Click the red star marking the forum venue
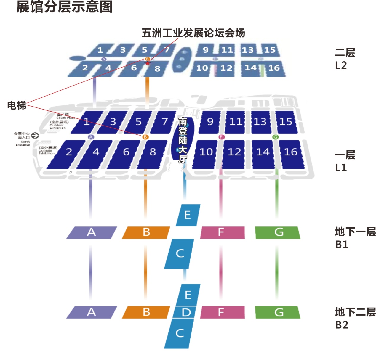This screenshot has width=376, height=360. [148, 63]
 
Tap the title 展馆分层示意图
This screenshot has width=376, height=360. [65, 7]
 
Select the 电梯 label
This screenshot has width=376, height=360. [17, 105]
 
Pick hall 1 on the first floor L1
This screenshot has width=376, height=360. [87, 122]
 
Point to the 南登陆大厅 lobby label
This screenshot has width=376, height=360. [183, 140]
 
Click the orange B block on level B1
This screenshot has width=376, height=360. [146, 232]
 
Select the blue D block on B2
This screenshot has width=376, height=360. [186, 312]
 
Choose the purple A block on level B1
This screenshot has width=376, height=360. [91, 232]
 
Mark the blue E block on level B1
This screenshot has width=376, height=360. [188, 215]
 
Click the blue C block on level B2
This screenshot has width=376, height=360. [180, 333]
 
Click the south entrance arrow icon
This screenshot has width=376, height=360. [35, 135]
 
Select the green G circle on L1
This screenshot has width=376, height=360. [275, 137]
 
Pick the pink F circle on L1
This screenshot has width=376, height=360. [221, 137]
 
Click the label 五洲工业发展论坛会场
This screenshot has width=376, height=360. [193, 33]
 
